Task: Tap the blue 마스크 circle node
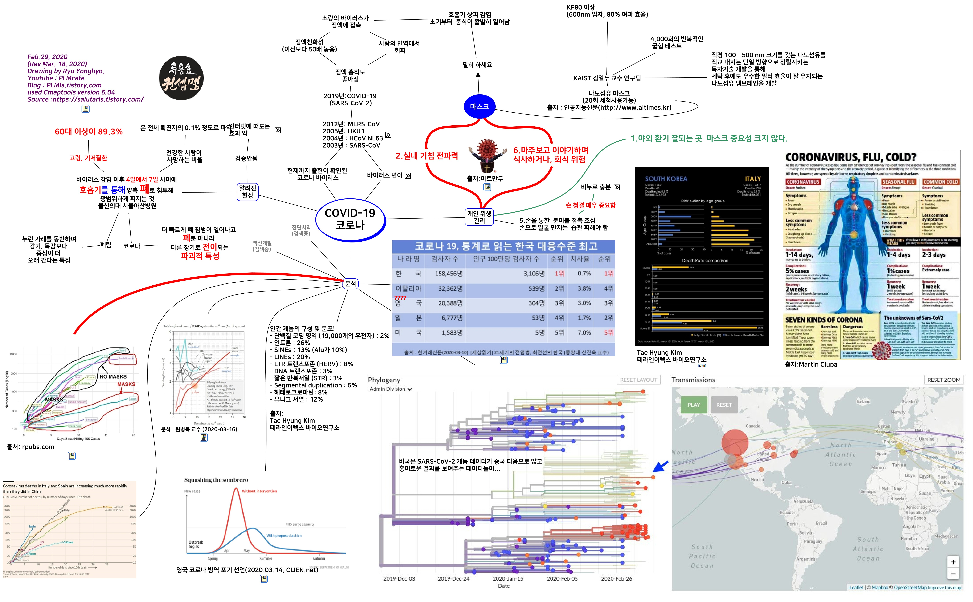coord(479,106)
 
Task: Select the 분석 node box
coord(350,283)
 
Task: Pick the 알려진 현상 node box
coord(248,192)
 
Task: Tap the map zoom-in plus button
coord(953,562)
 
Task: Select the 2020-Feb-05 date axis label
coord(562,579)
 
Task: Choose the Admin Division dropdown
coord(390,389)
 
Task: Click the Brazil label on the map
coord(821,523)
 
